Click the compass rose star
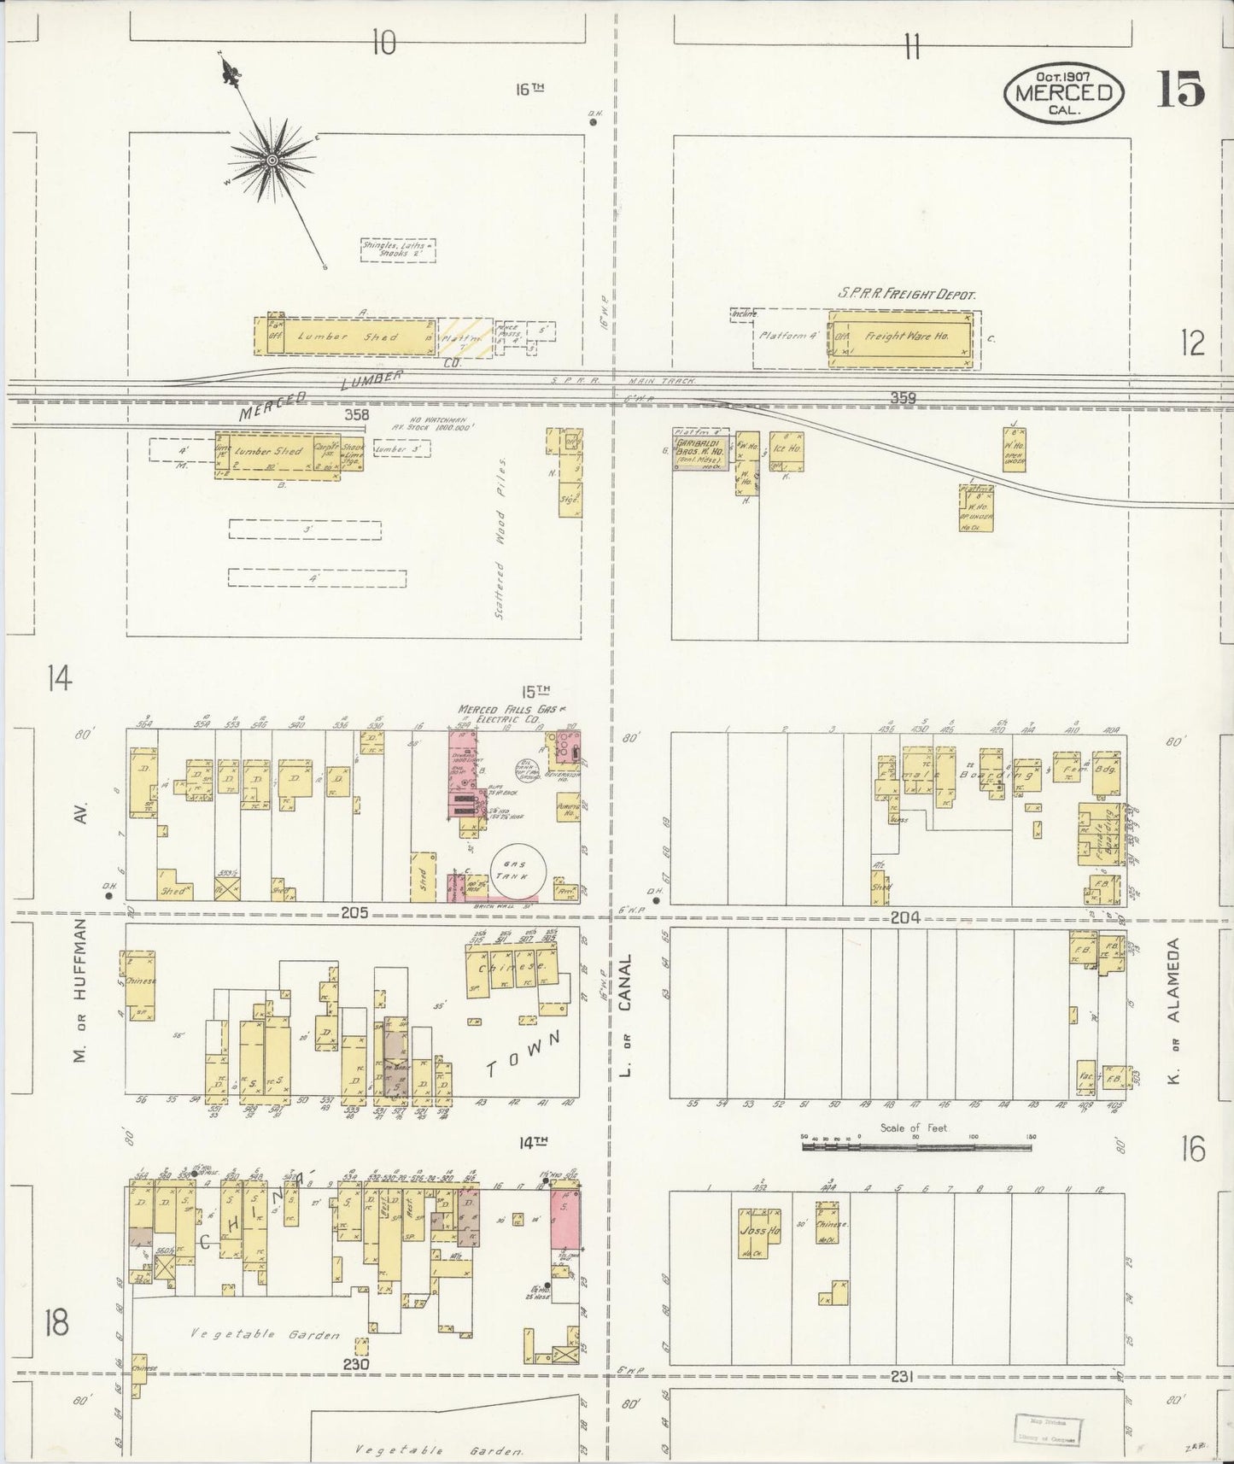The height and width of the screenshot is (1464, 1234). tap(272, 161)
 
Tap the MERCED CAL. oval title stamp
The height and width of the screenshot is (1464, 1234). tap(1062, 92)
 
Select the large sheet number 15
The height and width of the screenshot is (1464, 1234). tap(1181, 89)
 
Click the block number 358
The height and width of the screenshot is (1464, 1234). tap(356, 415)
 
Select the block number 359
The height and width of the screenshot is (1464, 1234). tap(903, 398)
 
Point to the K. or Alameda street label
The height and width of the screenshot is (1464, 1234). tap(1173, 1013)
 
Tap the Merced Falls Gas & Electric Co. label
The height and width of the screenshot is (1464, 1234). tap(500, 715)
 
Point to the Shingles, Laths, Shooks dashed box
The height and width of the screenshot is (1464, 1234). tap(397, 249)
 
